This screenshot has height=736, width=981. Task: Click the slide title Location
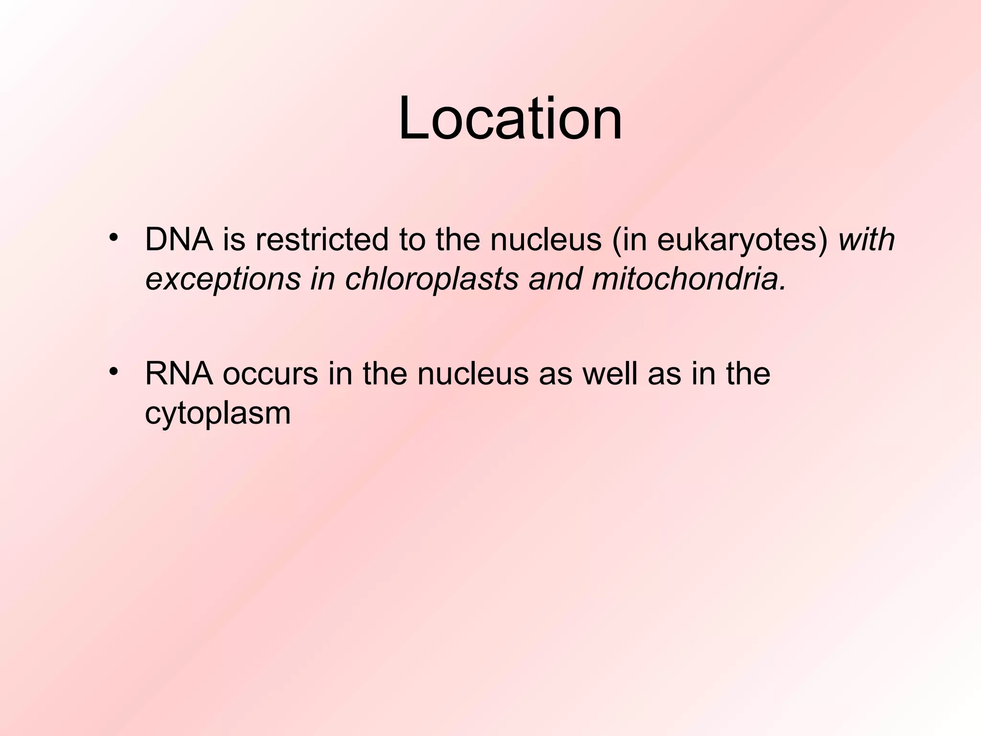click(x=510, y=118)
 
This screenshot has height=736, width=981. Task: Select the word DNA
click(x=179, y=240)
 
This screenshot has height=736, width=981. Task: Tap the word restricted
click(x=322, y=240)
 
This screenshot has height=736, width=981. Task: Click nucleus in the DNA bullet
click(x=546, y=240)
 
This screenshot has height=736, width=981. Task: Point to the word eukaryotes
click(x=738, y=241)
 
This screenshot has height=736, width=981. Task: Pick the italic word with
click(x=866, y=240)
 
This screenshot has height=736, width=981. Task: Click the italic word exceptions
click(x=223, y=279)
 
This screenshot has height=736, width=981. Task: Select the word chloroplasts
click(x=432, y=279)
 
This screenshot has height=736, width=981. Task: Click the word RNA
click(x=179, y=374)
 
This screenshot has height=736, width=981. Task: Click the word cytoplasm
click(x=218, y=414)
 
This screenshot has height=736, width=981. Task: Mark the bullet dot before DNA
click(x=113, y=238)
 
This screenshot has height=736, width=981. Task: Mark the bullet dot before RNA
click(x=113, y=372)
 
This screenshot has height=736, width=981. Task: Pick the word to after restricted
click(x=412, y=240)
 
